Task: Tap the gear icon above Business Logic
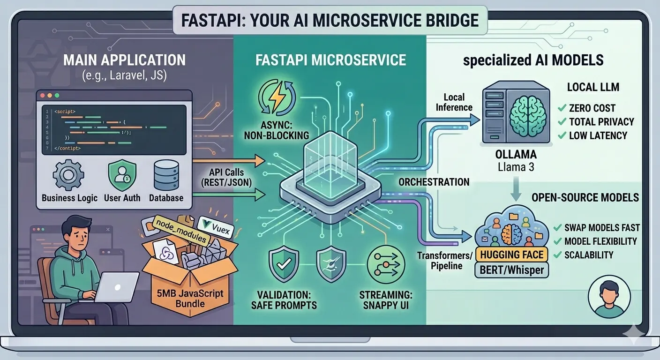68,175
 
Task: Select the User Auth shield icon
122,175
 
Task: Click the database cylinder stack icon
165,175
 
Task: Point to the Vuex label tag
213,224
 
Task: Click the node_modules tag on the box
180,231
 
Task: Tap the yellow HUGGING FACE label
512,255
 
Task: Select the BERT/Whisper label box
511,270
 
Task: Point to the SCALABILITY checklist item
589,255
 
